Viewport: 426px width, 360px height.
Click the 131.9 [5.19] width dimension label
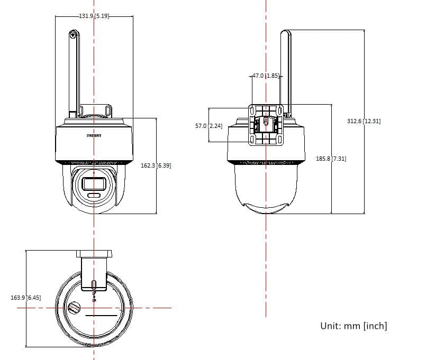pos(94,16)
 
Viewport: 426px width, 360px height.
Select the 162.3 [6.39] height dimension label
pos(156,165)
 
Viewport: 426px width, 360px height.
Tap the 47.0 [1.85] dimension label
pos(266,76)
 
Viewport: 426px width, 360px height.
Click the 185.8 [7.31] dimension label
pos(331,158)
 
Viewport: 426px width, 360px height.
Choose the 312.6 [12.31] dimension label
pos(364,121)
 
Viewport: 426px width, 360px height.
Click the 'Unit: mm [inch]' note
pos(354,326)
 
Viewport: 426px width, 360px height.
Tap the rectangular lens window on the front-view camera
pos(94,183)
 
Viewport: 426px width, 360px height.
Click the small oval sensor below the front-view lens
pos(94,196)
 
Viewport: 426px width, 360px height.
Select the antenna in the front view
pos(73,74)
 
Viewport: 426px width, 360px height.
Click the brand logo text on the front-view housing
pos(94,136)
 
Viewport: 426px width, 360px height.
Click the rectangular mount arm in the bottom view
pos(94,273)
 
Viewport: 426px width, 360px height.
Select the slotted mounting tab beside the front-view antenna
pos(108,112)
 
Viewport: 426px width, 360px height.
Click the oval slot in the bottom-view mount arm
pos(94,284)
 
